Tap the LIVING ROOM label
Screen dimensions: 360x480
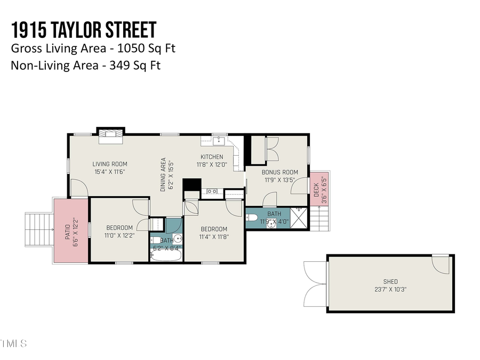coord(110,164)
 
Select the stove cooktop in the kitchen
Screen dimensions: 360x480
coord(212,191)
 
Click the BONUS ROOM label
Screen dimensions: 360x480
coord(279,172)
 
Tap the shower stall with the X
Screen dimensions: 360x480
coord(299,218)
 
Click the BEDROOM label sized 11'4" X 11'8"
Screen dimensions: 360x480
coord(213,229)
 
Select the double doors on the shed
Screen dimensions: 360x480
coord(315,284)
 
